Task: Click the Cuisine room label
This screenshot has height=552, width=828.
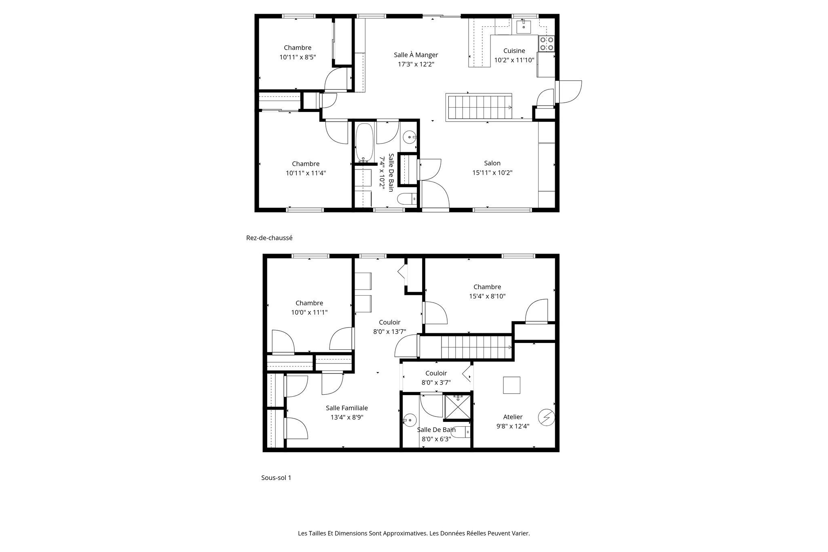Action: coord(514,51)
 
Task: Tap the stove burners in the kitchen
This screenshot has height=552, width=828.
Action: coord(546,43)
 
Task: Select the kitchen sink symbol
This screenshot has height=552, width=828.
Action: coord(524,27)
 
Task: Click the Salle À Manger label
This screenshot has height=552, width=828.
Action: coord(416,55)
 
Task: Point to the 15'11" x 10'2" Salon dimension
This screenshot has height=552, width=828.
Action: coord(492,173)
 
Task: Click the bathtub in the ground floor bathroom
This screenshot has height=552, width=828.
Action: coord(365,142)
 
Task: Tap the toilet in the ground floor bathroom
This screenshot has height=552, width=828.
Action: coord(406,199)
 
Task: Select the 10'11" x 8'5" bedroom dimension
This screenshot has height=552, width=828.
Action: coord(297,57)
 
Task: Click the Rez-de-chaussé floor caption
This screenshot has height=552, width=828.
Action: coord(269,238)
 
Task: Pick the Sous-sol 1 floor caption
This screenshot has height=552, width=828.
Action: coord(276,478)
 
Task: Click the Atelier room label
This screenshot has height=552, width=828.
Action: coord(513,417)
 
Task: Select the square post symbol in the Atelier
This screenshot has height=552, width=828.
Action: coord(511,385)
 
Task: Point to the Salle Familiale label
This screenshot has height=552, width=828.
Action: coord(347,408)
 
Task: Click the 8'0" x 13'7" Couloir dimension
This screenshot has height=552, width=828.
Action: coord(389,332)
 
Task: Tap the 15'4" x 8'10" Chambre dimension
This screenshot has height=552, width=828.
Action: coord(487,296)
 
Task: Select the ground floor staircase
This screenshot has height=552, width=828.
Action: coord(479,107)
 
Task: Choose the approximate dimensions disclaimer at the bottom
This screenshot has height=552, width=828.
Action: coord(414,533)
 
